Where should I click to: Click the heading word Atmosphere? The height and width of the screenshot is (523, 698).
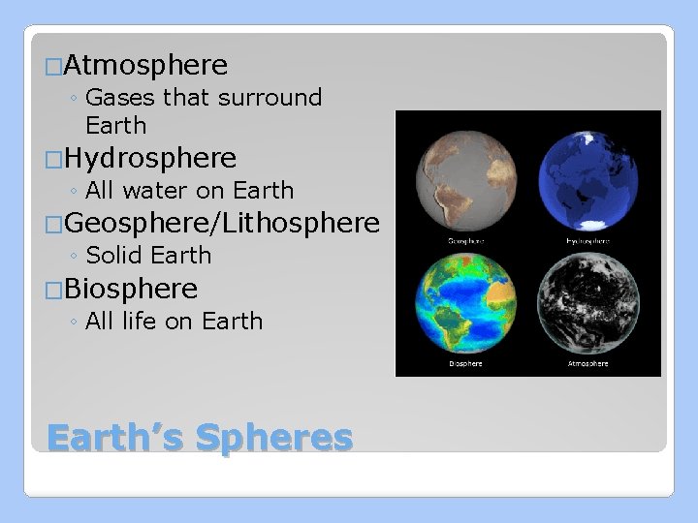tap(148, 66)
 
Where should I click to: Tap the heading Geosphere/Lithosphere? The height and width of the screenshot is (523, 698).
tap(224, 224)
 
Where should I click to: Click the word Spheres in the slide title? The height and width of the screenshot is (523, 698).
tap(274, 438)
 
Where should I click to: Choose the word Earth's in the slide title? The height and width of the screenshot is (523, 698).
tap(115, 438)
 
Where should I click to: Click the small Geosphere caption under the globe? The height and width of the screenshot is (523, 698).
tap(465, 240)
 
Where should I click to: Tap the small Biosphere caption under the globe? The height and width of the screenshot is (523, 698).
tap(465, 364)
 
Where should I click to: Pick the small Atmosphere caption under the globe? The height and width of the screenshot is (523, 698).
tap(587, 364)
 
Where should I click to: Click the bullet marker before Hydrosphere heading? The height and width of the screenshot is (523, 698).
tap(54, 159)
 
